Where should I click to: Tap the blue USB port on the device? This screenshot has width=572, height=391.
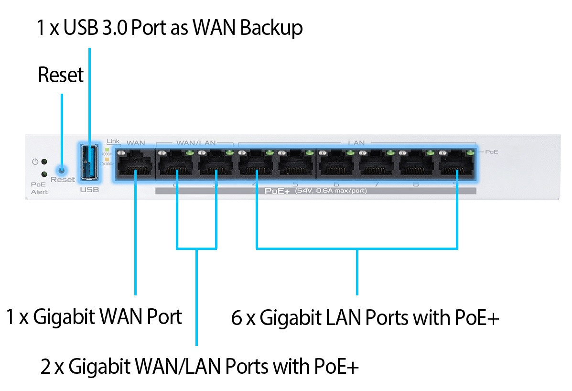pos(89,163)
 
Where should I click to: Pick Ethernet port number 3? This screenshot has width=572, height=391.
pos(216,165)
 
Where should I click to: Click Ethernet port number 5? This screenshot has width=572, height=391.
pos(296,165)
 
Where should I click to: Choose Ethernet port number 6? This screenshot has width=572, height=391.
pos(336,165)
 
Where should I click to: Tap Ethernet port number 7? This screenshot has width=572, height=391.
pos(377,165)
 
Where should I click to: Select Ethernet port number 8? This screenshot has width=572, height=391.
pos(417,165)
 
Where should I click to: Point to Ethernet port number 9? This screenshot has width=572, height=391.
pos(457,165)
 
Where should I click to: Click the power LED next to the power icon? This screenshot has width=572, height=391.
pos(44,162)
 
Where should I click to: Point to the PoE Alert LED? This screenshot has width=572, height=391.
pos(44,174)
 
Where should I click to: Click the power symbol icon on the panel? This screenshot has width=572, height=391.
pos(35,162)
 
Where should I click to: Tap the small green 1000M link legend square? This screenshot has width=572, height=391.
pos(108,149)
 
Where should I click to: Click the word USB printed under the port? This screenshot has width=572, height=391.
pos(89,190)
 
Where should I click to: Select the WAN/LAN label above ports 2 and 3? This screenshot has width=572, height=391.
pos(196,142)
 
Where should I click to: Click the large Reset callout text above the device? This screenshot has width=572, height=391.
pos(61,75)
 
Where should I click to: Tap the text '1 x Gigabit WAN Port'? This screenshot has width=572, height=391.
pos(94,317)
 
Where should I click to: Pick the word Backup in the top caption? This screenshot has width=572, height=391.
pos(271,28)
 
